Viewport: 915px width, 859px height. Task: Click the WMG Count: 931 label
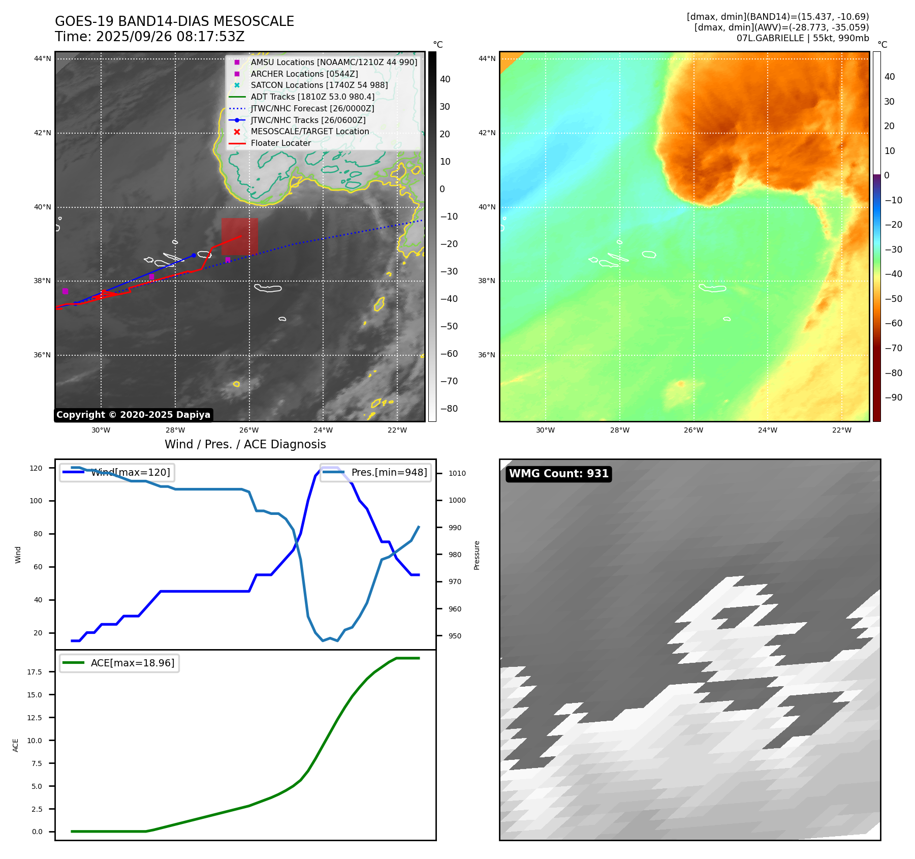(558, 474)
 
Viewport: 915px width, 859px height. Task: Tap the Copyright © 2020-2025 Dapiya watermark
(133, 415)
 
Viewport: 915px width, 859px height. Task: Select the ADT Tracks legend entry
(312, 97)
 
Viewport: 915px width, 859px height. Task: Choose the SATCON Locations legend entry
(319, 85)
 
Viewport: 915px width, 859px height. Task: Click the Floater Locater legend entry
(280, 143)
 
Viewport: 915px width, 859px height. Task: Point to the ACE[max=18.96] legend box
(119, 663)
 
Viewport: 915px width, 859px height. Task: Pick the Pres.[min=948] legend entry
(376, 472)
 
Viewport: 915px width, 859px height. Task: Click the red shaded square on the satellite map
(239, 236)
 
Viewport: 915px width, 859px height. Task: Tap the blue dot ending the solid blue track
(194, 255)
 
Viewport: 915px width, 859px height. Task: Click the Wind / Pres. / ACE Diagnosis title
(245, 444)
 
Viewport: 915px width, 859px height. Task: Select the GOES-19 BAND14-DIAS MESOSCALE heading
(174, 21)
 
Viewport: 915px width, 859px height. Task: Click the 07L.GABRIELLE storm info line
(802, 38)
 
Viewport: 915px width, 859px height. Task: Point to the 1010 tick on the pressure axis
(457, 473)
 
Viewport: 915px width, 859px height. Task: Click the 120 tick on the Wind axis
(36, 468)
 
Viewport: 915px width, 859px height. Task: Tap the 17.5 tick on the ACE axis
(35, 672)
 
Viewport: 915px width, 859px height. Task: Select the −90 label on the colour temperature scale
(893, 397)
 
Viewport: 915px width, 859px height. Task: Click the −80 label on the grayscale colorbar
(449, 409)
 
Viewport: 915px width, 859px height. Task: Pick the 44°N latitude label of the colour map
(487, 58)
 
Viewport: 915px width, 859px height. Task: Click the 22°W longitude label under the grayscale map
(397, 430)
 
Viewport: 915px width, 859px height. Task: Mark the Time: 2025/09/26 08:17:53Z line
(150, 37)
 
